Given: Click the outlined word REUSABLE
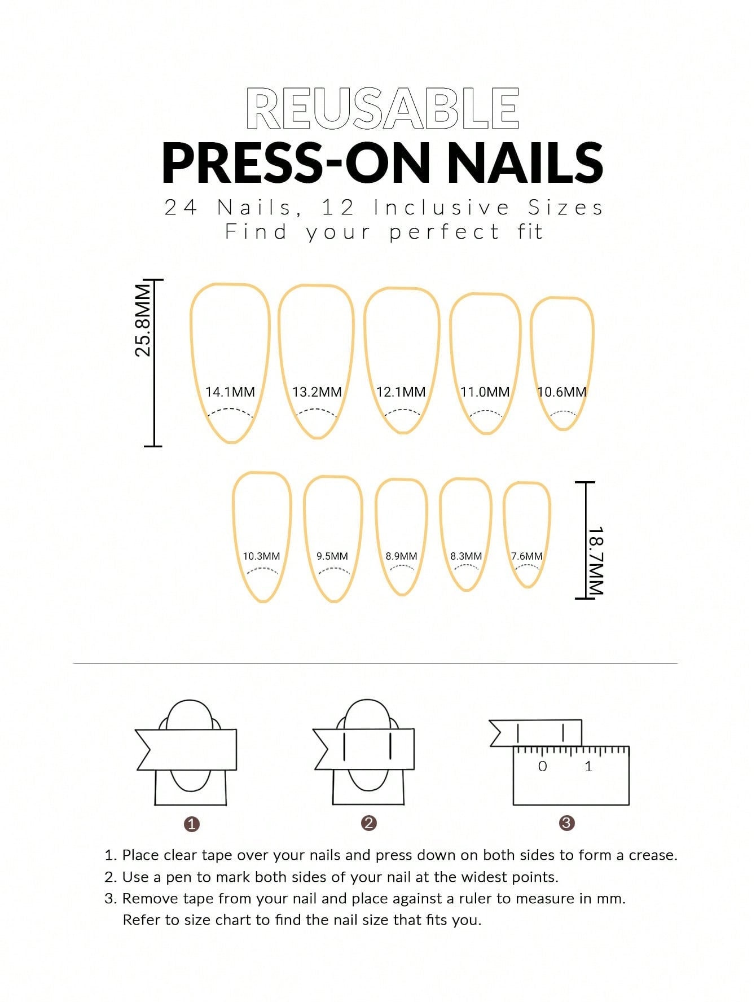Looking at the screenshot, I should tap(383, 108).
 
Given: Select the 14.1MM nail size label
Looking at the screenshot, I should tap(230, 392).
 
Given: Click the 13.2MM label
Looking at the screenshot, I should tap(317, 392).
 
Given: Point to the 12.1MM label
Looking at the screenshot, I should tap(401, 392).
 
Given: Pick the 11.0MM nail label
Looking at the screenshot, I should tap(485, 392).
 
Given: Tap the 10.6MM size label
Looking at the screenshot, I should tap(561, 392).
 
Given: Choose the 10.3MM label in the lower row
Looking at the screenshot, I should tap(261, 556).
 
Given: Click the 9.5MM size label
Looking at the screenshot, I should tap(332, 556).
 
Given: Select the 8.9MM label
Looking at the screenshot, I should tap(401, 556).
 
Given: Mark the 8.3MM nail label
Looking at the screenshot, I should tap(466, 556).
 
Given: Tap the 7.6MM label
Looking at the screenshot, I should tap(526, 556).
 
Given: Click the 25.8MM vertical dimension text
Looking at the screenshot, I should tap(143, 320).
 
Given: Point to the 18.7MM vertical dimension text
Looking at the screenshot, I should tap(596, 561).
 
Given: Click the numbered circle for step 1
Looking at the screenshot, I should tap(192, 824).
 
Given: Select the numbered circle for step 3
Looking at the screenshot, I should tap(566, 823).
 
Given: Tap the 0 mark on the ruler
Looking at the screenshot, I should tap(542, 767).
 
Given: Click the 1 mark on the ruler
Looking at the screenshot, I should tap(588, 767).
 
